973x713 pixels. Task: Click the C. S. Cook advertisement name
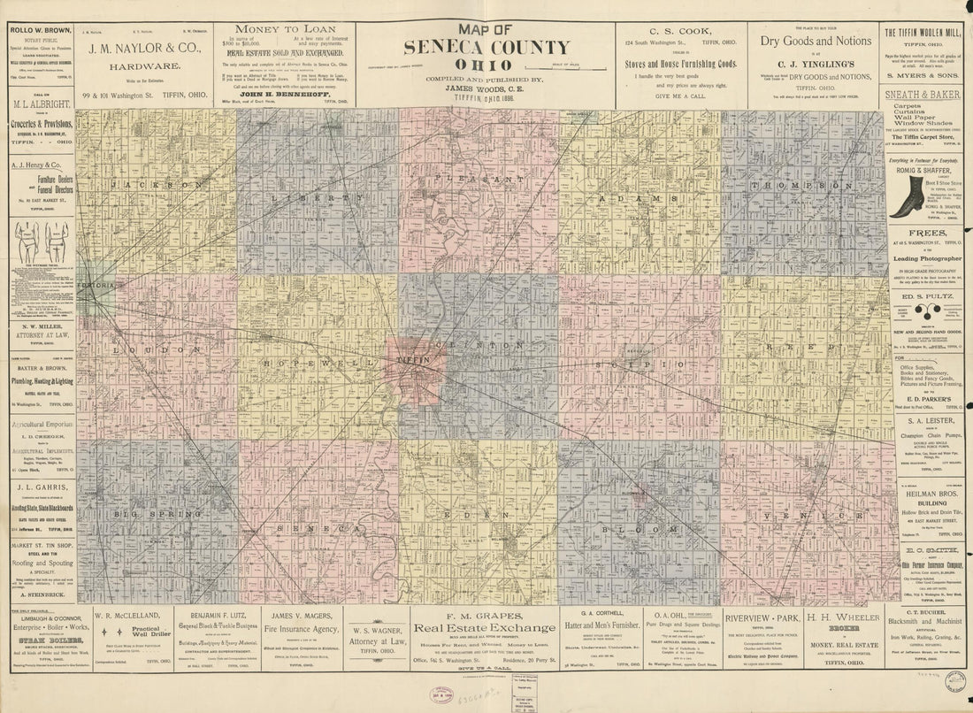click(x=681, y=29)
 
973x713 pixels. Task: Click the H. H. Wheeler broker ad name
click(x=840, y=617)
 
